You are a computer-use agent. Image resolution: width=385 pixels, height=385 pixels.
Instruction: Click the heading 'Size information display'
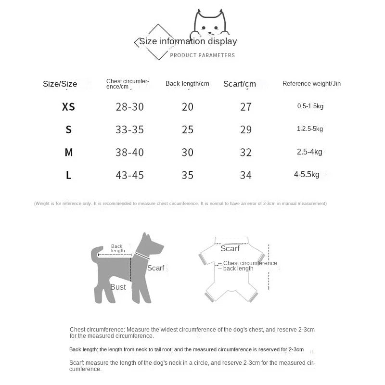click(188, 41)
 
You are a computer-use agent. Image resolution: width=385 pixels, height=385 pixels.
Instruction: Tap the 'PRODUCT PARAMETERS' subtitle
click(203, 55)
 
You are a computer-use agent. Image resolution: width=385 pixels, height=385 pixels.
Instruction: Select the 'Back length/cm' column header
click(187, 84)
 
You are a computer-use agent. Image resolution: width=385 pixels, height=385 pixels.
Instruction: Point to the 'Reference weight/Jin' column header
click(311, 84)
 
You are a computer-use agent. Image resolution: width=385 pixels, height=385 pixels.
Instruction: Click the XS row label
click(69, 107)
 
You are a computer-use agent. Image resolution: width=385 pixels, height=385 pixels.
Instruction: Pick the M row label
click(69, 153)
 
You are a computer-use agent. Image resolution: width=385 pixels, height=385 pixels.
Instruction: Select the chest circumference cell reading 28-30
click(130, 107)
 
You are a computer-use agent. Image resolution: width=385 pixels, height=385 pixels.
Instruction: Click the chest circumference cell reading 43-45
click(130, 175)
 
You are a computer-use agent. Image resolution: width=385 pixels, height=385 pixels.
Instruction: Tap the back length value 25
click(188, 129)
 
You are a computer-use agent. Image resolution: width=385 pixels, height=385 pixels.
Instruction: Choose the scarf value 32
click(245, 153)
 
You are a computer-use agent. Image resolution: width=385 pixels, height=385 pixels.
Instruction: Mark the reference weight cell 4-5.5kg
click(307, 175)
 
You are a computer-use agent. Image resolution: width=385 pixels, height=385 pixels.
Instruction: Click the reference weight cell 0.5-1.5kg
click(310, 106)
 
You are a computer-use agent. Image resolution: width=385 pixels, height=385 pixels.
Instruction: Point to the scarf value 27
click(245, 107)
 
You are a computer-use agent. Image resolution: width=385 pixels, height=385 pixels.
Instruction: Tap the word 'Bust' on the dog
click(118, 287)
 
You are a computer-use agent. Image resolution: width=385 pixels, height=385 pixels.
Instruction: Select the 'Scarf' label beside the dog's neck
click(155, 268)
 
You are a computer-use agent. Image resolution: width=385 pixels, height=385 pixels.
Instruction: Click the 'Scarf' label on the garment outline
click(230, 249)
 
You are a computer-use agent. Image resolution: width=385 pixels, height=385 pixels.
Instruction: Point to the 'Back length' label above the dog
click(117, 248)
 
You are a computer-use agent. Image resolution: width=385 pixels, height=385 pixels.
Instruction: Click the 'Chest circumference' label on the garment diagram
click(250, 263)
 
